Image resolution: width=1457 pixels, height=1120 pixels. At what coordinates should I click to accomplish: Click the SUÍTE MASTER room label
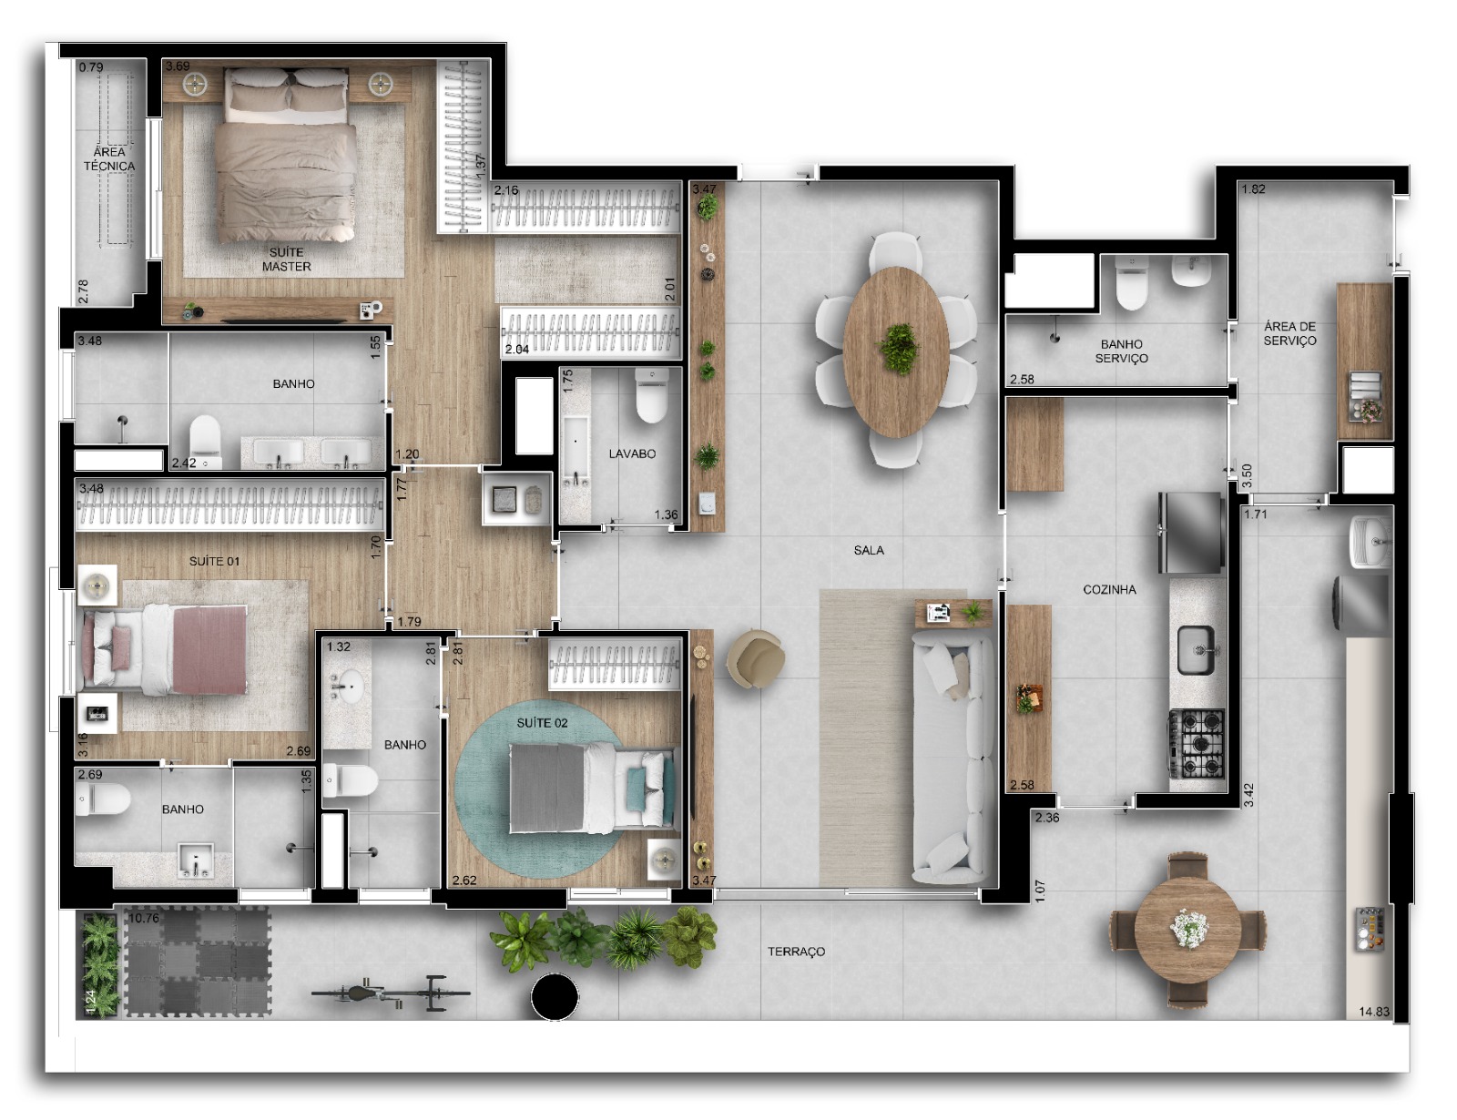coord(286,260)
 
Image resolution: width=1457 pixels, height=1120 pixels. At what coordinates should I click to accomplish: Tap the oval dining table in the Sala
coord(896,351)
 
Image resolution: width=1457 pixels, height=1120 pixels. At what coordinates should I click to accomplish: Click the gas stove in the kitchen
coord(1197,743)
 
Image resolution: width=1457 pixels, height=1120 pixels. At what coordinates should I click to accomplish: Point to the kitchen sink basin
coord(1197,649)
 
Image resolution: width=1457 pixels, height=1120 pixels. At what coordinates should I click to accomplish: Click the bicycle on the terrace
coord(391,993)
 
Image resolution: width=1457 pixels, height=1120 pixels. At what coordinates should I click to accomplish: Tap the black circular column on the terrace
coord(555,997)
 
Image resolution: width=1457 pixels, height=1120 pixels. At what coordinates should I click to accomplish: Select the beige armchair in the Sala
coord(757,658)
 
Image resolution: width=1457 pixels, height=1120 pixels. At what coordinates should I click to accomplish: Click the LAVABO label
coord(632,453)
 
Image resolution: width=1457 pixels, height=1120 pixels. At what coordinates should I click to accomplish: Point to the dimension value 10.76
coord(144,918)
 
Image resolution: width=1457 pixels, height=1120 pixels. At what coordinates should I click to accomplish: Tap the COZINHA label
coord(1110,590)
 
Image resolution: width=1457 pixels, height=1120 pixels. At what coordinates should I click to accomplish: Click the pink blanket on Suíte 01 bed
coord(209,649)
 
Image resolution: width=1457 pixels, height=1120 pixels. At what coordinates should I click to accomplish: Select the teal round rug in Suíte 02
coord(543,794)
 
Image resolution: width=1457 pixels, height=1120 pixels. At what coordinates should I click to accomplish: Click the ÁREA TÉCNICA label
coord(109,158)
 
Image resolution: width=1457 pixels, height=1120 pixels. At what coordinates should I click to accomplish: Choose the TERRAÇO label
coord(796,952)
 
